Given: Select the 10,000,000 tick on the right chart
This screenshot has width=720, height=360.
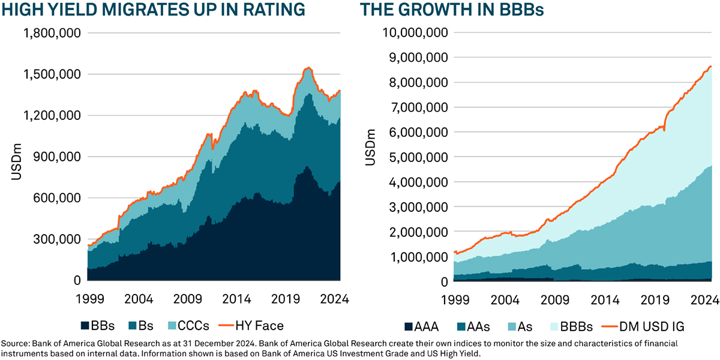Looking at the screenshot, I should point(415,33).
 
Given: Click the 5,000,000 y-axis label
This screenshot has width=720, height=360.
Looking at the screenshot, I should point(418,157).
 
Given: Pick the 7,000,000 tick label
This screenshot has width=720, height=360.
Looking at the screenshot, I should point(418,107).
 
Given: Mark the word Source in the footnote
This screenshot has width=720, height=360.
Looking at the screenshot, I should point(14,343).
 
